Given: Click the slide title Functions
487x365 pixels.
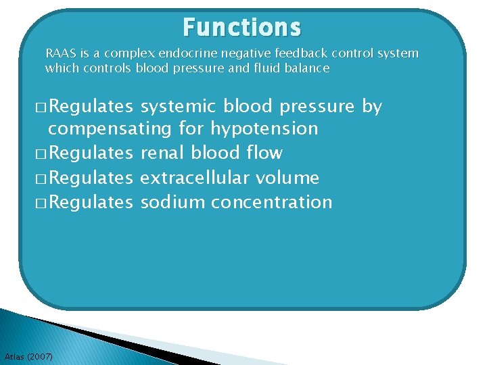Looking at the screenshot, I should (241, 28).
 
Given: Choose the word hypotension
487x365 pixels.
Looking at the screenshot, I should (264, 128).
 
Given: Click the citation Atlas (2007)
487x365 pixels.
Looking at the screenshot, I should (28, 356).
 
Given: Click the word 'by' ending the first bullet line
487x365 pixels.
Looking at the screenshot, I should (372, 107).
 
